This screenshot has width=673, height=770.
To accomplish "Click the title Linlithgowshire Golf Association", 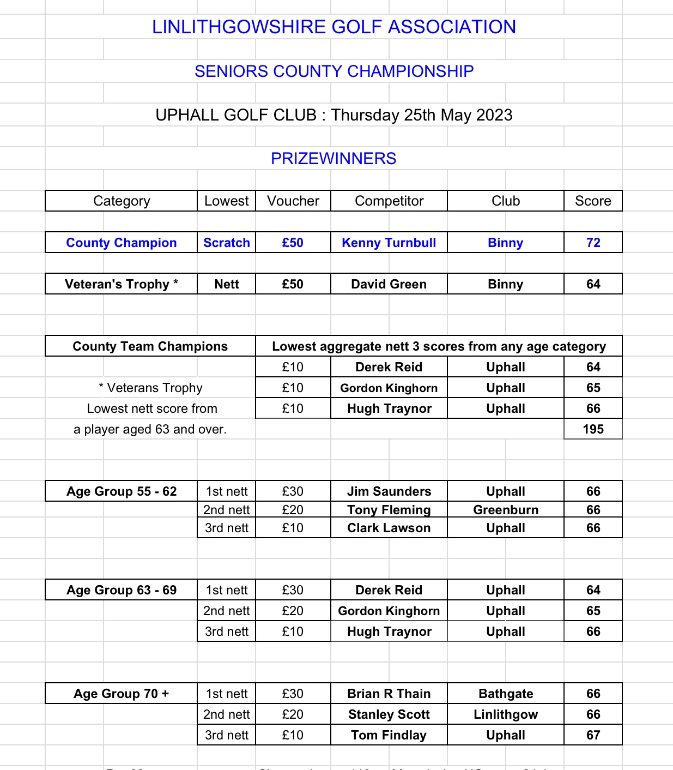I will coord(334,27).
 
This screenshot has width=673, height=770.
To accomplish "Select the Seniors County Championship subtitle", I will coord(334,71).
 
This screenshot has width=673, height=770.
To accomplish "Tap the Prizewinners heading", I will coord(334,159).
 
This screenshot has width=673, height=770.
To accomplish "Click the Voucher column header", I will coord(293,201).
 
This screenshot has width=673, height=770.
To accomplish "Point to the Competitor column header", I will coord(389,201).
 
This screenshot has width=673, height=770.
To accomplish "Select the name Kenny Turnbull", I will coord(389,243).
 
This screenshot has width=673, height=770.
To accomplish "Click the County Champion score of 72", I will coord(593,243).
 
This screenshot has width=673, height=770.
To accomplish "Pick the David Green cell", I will coord(389,284).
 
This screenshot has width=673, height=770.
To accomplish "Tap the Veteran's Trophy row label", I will coord(121,284).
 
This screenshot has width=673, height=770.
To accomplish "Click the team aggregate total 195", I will coord(593,429).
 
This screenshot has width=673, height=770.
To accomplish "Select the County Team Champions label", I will coord(150,346).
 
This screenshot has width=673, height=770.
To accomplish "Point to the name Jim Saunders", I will coord(389,491).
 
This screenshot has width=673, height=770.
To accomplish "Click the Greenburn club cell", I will coord(505,510).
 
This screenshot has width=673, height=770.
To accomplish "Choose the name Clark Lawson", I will coord(389,528).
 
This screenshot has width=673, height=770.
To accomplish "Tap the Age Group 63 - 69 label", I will coord(121,590).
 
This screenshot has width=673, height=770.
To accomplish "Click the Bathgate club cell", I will coord(505,694).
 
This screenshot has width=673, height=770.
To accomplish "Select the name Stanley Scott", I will coord(389,714).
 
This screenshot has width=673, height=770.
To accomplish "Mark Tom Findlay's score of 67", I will coord(593,735).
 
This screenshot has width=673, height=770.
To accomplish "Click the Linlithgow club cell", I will coord(505,714).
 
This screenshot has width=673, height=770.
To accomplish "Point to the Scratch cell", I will coord(226,243).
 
